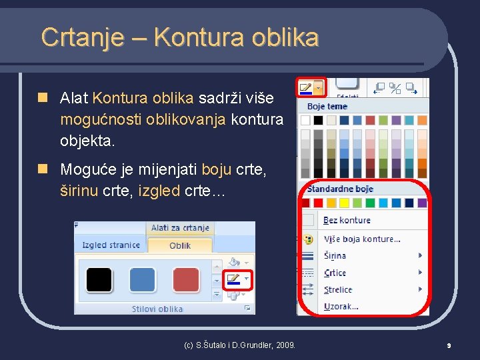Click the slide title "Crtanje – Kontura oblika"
point(179,37)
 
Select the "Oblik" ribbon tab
point(180,245)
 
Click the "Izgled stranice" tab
point(111,245)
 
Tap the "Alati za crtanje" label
point(180,228)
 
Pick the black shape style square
point(99,280)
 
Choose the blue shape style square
point(142,280)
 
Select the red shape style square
point(186,280)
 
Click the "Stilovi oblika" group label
point(157,309)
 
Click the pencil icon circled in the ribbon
point(233,279)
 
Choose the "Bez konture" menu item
point(347,220)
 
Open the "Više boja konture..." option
point(362,239)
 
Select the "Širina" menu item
point(335,255)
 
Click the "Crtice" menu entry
point(335,273)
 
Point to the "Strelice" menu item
point(337,289)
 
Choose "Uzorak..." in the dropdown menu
point(341,306)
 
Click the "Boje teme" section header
point(327,106)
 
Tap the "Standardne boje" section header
point(340,189)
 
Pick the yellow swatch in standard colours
point(344,203)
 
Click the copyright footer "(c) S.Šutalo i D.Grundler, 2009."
point(239,345)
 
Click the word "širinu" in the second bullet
point(79,192)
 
